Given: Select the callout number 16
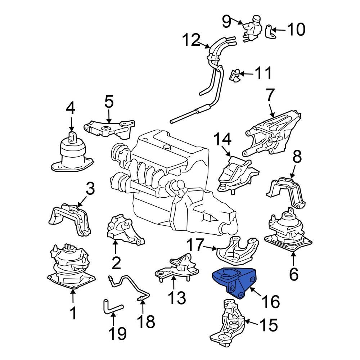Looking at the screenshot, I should (270, 301).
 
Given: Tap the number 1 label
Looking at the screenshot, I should (73, 313).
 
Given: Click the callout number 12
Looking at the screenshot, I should (194, 40).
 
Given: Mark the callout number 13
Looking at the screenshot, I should (177, 298).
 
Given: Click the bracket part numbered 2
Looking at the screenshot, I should (124, 230).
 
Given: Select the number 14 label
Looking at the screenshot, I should (223, 140).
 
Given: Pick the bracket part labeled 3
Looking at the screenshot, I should (68, 218).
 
